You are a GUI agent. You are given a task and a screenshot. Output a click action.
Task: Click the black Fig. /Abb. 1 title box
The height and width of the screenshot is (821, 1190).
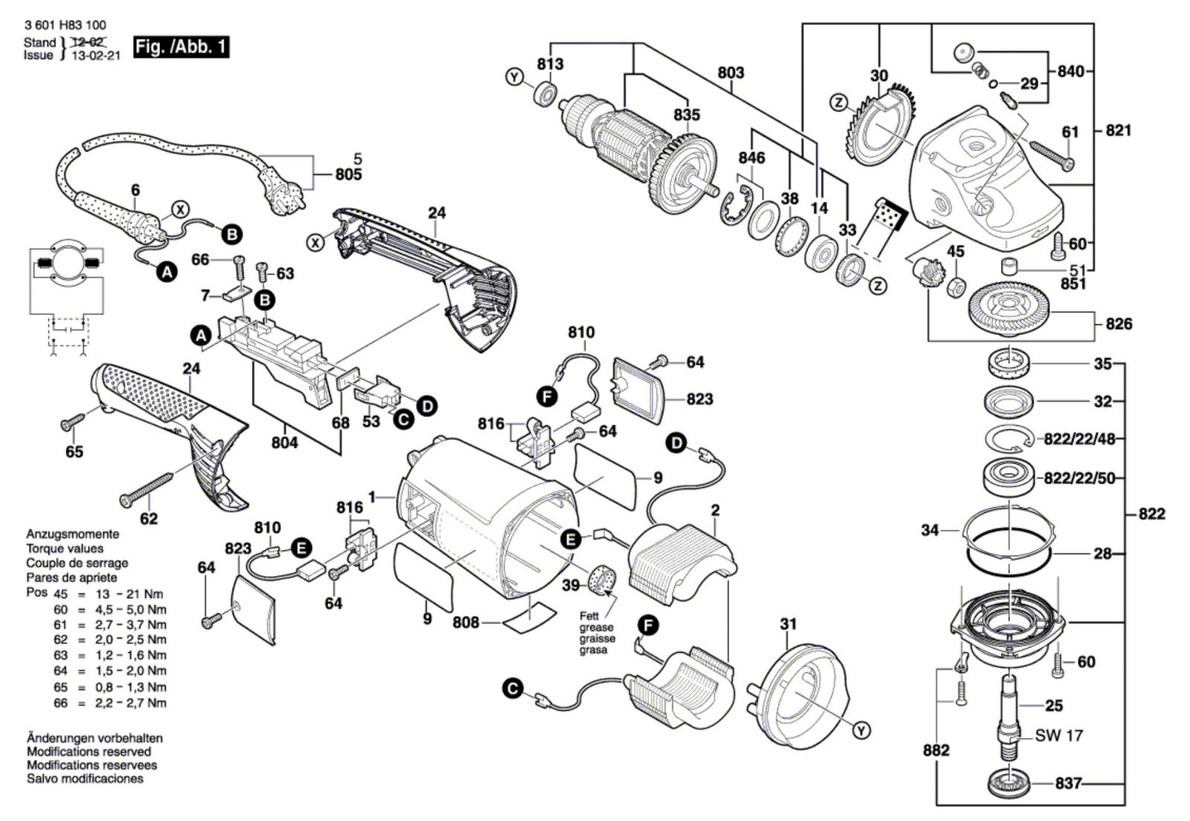point(181,48)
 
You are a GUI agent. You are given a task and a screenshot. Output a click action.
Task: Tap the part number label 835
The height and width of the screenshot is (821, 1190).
point(687,115)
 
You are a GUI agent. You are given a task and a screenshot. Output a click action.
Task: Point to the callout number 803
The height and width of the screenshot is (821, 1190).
point(731,72)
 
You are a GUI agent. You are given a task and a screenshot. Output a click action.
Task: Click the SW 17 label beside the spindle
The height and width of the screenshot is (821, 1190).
point(1059,735)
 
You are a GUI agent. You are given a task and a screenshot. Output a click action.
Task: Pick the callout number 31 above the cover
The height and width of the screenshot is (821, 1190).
point(788,624)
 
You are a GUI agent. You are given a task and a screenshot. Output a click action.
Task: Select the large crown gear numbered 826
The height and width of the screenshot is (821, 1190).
point(1009,312)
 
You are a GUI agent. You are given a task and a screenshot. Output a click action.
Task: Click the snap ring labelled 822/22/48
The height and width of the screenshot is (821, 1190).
point(1007,440)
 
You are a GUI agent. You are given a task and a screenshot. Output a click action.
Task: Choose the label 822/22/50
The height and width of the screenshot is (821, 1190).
point(1079,478)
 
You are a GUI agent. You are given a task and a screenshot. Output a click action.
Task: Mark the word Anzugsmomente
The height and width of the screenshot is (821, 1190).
point(73,534)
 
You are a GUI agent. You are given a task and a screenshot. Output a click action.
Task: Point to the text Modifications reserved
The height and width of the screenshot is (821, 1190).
point(89,752)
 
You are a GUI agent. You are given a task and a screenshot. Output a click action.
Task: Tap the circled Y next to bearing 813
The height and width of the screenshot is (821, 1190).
point(514,77)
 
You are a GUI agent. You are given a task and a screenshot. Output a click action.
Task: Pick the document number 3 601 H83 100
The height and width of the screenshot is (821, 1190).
point(65,25)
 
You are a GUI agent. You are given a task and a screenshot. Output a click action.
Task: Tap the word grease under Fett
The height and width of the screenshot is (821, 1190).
point(597,627)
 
